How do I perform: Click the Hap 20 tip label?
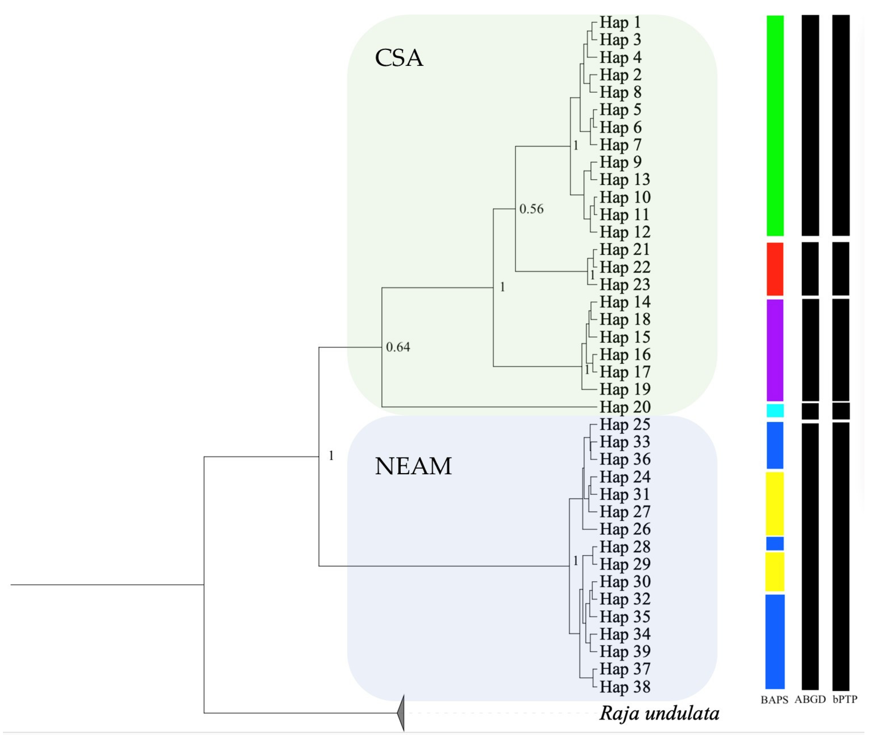pyautogui.click(x=625, y=407)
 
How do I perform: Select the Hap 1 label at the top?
pyautogui.click(x=620, y=22)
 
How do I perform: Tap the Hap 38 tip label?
pyautogui.click(x=625, y=687)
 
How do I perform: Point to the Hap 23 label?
pyautogui.click(x=625, y=285)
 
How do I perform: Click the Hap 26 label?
pyautogui.click(x=625, y=529)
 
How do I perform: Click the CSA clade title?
pyautogui.click(x=399, y=58)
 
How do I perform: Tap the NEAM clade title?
pyautogui.click(x=413, y=466)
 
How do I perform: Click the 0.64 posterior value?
pyautogui.click(x=398, y=347)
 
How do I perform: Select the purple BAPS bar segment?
pyautogui.click(x=775, y=350)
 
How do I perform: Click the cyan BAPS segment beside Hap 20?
pyautogui.click(x=775, y=411)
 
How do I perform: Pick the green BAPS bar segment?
pyautogui.click(x=775, y=125)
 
